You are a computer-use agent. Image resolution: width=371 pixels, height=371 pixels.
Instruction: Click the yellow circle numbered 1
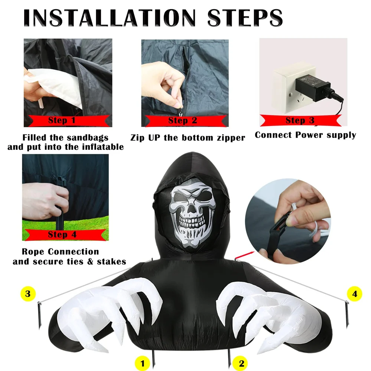[142, 363]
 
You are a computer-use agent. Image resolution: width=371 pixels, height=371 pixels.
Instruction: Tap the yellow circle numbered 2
[241, 363]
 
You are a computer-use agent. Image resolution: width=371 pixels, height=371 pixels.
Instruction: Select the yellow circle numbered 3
[28, 293]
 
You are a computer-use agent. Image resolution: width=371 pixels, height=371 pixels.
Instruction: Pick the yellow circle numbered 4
[354, 293]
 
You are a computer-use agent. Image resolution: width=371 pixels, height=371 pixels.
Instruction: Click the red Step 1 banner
[69, 121]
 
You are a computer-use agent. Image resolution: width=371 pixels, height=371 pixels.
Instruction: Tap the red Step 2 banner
[185, 121]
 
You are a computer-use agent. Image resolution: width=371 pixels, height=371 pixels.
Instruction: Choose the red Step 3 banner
[301, 120]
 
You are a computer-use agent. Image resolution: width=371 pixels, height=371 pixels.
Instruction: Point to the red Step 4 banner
[66, 235]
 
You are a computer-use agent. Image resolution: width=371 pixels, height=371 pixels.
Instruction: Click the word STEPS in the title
[245, 18]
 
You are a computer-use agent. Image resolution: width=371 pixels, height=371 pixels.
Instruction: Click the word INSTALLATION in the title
[110, 18]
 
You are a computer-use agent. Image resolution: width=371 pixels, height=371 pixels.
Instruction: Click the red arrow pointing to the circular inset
[244, 255]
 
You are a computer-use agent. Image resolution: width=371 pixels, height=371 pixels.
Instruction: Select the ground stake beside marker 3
[40, 315]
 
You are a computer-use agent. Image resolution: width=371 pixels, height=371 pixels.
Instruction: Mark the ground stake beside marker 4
[347, 314]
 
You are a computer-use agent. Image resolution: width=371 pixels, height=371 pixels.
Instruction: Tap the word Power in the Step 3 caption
[309, 135]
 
